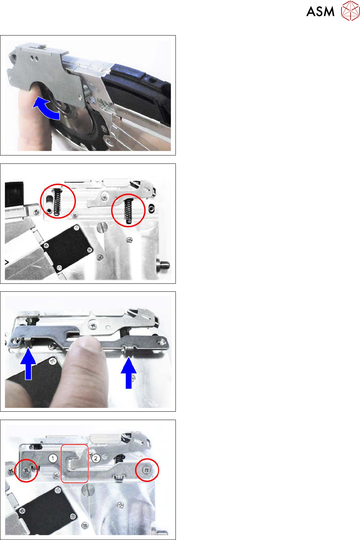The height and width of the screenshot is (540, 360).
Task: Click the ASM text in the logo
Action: point(320,12)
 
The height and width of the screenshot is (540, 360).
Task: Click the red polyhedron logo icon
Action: point(350,11)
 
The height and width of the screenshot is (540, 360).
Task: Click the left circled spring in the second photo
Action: point(57,202)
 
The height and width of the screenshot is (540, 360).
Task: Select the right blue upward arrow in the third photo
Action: point(129,373)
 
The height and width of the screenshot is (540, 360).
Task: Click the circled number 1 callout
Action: point(53,458)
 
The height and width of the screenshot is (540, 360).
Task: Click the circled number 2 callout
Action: point(96,458)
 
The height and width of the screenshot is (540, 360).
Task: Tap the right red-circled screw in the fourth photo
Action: point(146,470)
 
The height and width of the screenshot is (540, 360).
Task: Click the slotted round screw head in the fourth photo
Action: point(86,489)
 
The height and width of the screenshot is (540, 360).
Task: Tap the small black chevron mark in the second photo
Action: point(7,262)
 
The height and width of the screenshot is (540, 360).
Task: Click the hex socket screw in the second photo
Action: point(151,208)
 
